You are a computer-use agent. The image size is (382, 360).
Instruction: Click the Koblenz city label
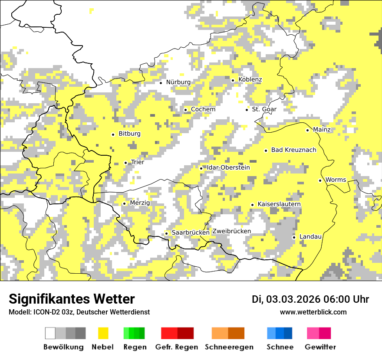click(x=250, y=80)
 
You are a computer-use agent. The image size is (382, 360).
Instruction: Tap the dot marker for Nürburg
click(x=161, y=82)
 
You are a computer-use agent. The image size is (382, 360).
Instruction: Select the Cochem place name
click(x=203, y=109)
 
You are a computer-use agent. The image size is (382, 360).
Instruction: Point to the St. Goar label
click(x=264, y=109)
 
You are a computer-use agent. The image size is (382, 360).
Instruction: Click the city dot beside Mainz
click(x=307, y=130)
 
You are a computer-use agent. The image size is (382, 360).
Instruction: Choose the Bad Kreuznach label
click(x=293, y=150)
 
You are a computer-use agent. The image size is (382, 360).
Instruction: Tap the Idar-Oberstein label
click(x=228, y=168)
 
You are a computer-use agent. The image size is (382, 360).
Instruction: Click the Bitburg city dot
click(x=113, y=134)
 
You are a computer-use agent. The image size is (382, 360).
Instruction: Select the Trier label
click(x=138, y=162)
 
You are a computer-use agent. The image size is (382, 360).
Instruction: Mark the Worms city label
click(x=336, y=180)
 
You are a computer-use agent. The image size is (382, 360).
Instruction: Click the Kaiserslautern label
click(x=279, y=204)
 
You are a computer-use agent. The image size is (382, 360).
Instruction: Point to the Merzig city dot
click(x=124, y=203)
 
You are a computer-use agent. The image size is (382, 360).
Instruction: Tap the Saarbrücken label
click(x=191, y=233)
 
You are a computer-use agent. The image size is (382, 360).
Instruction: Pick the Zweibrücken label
click(x=231, y=231)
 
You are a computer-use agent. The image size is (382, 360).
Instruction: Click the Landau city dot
click(x=294, y=237)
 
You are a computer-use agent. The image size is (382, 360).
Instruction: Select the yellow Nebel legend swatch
click(x=103, y=333)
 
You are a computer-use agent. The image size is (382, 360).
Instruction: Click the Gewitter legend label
click(x=320, y=347)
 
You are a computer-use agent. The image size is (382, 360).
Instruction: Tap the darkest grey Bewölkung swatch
click(x=80, y=333)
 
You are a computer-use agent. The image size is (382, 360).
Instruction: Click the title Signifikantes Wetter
click(x=72, y=299)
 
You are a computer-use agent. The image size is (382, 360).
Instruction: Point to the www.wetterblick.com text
click(x=313, y=312)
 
